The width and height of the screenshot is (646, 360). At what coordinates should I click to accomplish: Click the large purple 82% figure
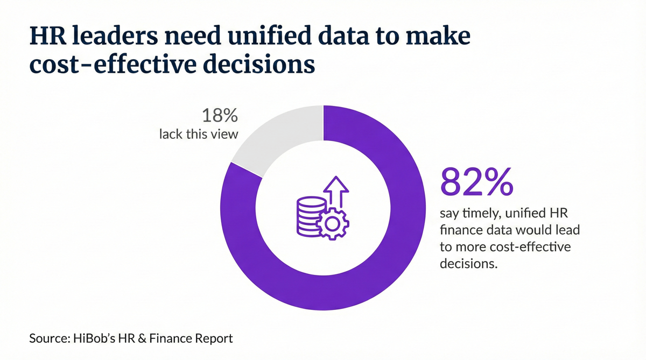tap(476, 182)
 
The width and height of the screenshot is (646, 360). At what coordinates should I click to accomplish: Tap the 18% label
tap(220, 116)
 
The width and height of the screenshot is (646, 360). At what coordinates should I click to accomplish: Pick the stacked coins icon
tap(311, 215)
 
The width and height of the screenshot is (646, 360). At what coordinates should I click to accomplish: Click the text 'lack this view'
tap(198, 134)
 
